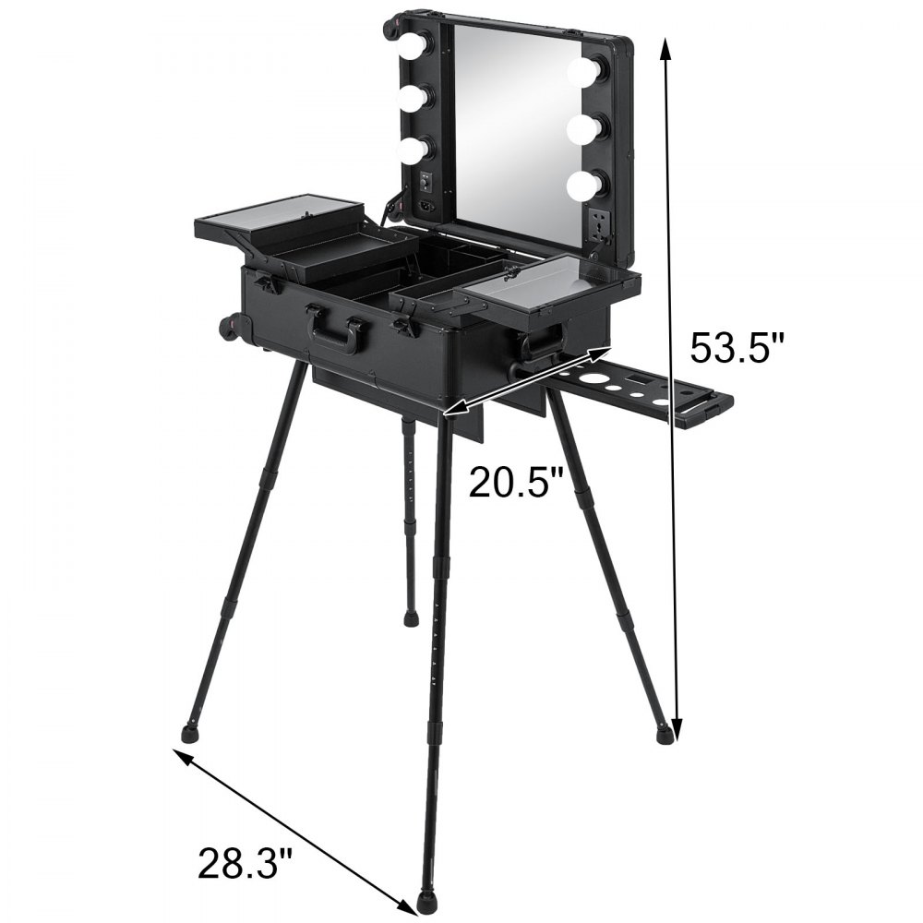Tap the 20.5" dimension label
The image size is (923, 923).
click(516, 481)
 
